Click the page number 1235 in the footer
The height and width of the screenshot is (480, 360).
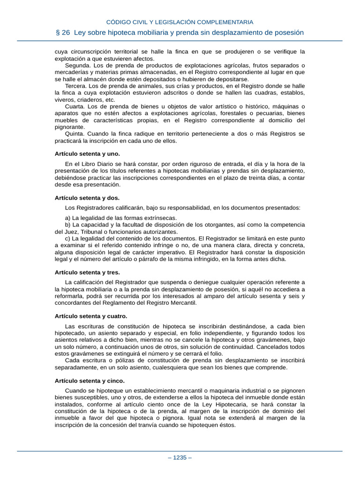click(x=180, y=458)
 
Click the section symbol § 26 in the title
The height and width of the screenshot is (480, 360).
click(x=66, y=33)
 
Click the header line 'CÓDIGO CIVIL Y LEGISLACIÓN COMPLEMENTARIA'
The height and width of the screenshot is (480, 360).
click(x=180, y=22)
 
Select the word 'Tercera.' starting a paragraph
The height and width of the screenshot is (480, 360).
click(x=76, y=86)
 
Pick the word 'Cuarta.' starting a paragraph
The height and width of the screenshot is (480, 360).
click(x=75, y=106)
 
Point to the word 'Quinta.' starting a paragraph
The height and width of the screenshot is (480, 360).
click(x=75, y=134)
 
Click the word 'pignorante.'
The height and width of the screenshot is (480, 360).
click(x=70, y=127)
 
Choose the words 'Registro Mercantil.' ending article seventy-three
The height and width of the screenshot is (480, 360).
click(x=171, y=303)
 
